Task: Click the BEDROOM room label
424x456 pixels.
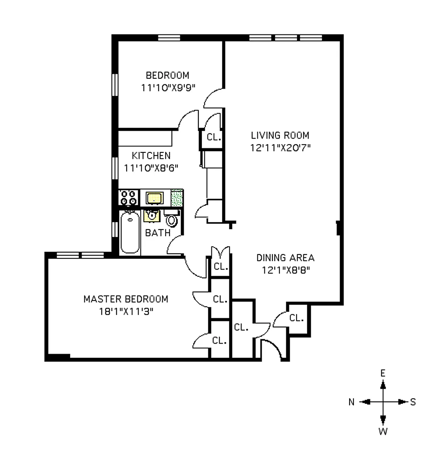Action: click(x=167, y=75)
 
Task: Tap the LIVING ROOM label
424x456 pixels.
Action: click(x=280, y=135)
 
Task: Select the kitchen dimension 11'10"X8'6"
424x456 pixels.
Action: click(x=151, y=168)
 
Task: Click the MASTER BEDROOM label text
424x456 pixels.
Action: click(x=125, y=299)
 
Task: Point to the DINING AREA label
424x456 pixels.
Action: click(x=285, y=258)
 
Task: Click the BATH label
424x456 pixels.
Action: click(x=158, y=233)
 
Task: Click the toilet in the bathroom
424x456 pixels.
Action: click(x=171, y=218)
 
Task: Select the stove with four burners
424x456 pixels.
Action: click(x=129, y=198)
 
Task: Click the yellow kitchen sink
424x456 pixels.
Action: click(x=154, y=198)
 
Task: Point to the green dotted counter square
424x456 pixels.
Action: click(x=177, y=198)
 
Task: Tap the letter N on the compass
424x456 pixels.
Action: click(x=352, y=402)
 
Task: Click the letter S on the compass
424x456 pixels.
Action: click(x=413, y=402)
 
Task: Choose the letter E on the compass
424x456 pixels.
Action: click(x=383, y=373)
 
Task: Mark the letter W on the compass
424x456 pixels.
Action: click(x=383, y=431)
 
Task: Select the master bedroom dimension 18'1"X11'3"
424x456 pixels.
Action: click(x=126, y=312)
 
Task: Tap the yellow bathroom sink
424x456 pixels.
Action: click(x=152, y=216)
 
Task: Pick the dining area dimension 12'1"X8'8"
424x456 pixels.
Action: click(x=285, y=270)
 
